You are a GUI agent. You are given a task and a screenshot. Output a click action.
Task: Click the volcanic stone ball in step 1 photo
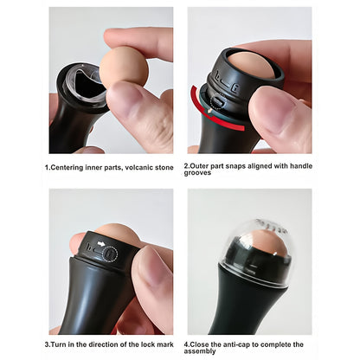(x=124, y=67)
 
